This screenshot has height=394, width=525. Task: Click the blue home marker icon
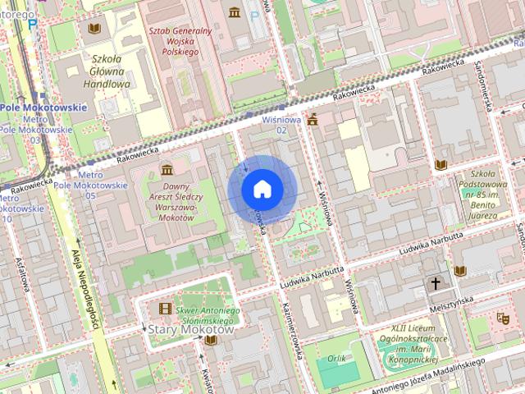point(262,189)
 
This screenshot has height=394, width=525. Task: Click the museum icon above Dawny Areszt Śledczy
point(167,169)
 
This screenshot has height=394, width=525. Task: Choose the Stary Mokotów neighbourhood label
point(189,329)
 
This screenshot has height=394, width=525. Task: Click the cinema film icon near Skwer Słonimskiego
point(167,309)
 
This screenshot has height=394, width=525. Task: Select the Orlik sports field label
point(336,358)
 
